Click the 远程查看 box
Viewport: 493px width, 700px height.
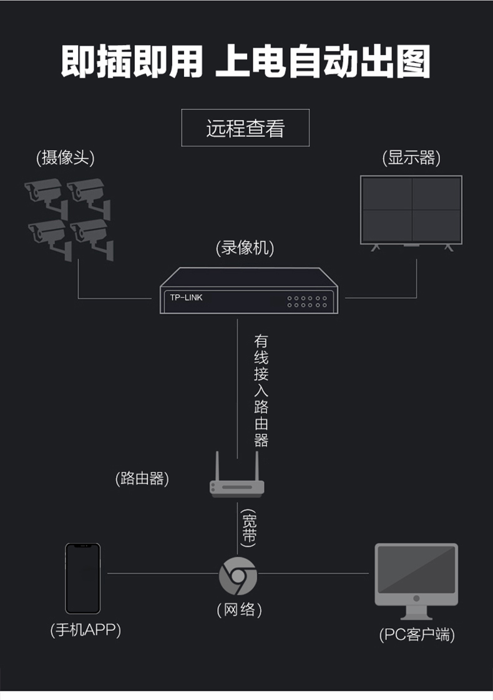(x=245, y=127)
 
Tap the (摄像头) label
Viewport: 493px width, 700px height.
(x=65, y=158)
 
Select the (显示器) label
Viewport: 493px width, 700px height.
(x=411, y=158)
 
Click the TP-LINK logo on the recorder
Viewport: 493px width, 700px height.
(x=186, y=297)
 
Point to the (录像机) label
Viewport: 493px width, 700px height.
(x=245, y=248)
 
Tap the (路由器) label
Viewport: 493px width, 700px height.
(x=142, y=478)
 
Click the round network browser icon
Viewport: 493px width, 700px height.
(x=238, y=576)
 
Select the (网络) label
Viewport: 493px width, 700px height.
(x=239, y=610)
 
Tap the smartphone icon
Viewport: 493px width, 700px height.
(x=83, y=579)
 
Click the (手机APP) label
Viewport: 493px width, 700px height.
(x=85, y=630)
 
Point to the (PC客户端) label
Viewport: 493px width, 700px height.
(x=417, y=634)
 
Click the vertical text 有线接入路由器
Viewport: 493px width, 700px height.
(x=261, y=391)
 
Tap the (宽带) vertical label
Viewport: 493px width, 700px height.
(x=248, y=528)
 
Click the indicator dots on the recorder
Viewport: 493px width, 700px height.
(x=307, y=302)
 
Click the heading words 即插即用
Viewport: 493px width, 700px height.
(x=132, y=62)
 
